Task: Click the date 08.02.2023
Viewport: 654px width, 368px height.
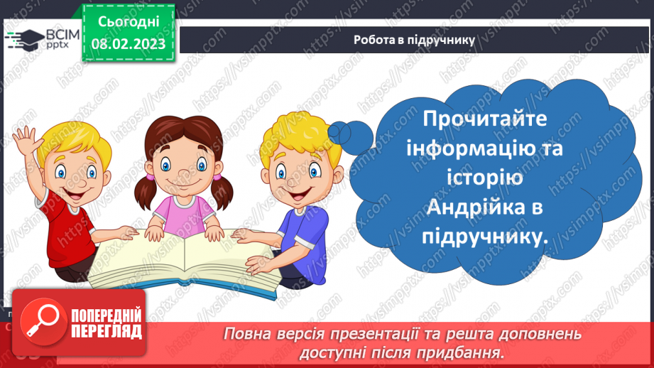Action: (129, 44)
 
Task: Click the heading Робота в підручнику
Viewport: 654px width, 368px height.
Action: (414, 40)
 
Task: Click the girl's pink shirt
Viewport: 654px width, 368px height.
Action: (182, 214)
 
